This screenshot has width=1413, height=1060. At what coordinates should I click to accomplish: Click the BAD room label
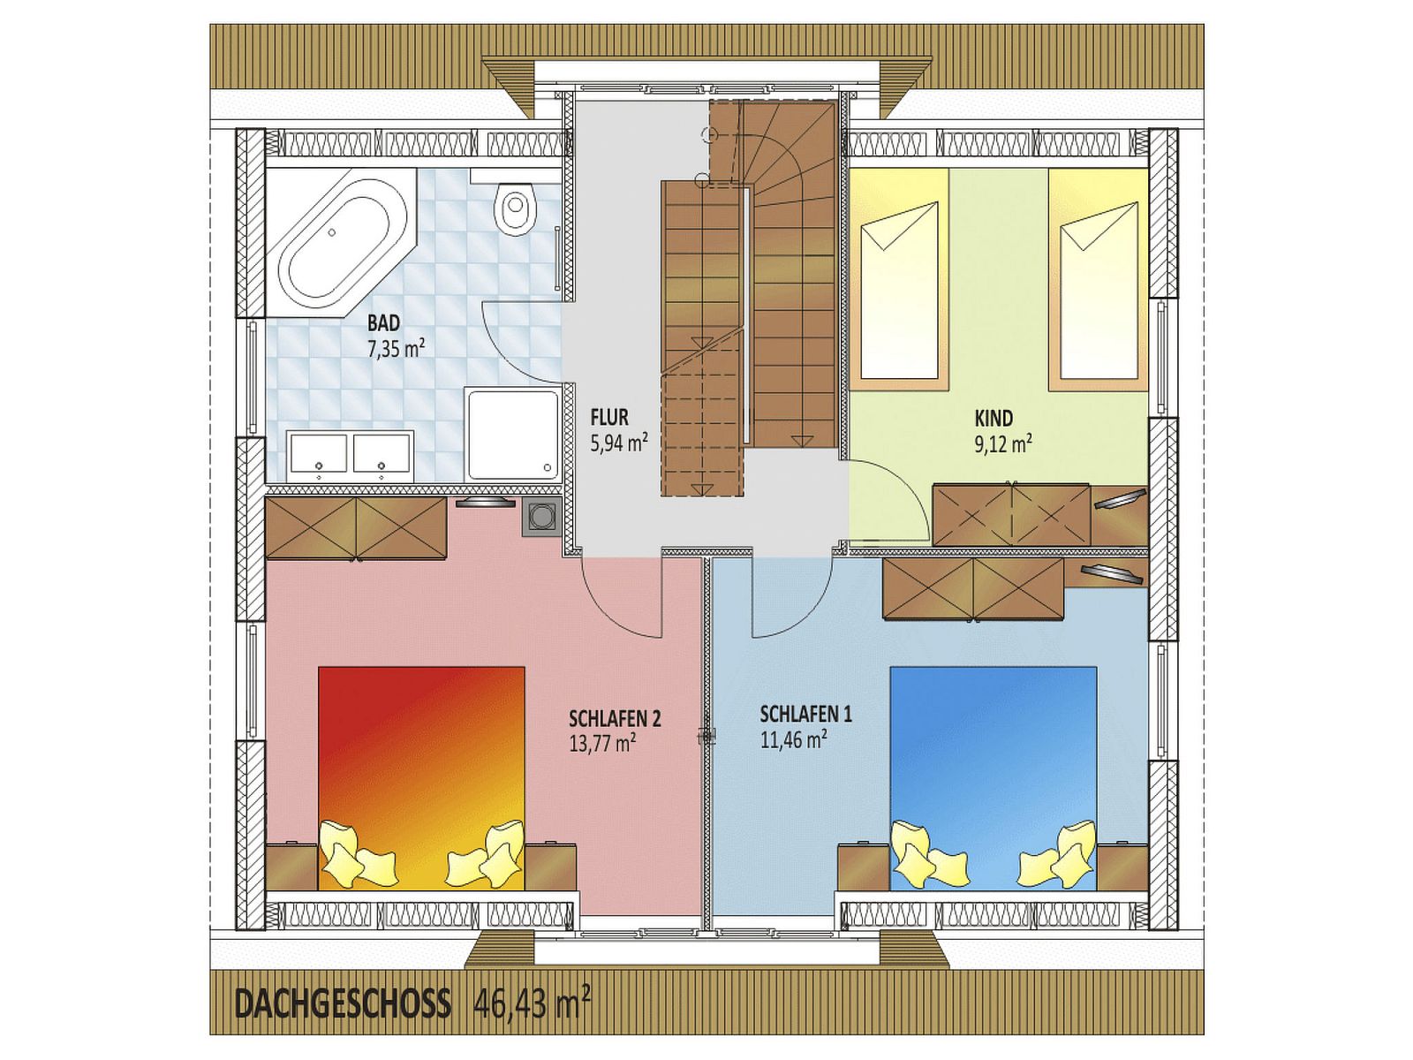pos(383,322)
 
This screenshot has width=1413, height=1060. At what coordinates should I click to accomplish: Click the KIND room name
pos(994,419)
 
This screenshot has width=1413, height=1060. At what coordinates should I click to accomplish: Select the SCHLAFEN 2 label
pos(615,718)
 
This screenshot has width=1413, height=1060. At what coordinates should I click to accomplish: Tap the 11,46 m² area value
pos(793,740)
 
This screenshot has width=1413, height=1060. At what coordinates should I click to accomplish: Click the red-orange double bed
pos(421,779)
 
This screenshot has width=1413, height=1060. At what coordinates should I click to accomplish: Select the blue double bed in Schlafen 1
pos(994,779)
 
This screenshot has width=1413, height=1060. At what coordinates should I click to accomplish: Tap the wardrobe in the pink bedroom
pos(356,528)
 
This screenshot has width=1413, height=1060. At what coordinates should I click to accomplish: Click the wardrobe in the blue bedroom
pos(973,589)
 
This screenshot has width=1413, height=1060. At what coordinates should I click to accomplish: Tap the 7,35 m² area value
pos(396,348)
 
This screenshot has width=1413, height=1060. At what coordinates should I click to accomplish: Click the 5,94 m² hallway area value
pos(619,443)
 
